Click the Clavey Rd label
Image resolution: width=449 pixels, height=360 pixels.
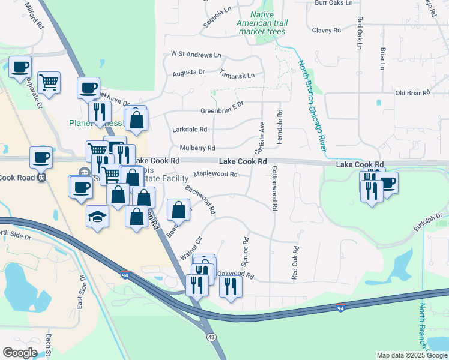pos(327,30)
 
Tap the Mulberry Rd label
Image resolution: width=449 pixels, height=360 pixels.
pos(197,148)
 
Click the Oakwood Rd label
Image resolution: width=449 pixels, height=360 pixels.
pos(235,275)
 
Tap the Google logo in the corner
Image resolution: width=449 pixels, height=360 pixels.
pos(20,353)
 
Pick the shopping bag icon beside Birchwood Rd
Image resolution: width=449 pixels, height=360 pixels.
pos(179,210)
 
